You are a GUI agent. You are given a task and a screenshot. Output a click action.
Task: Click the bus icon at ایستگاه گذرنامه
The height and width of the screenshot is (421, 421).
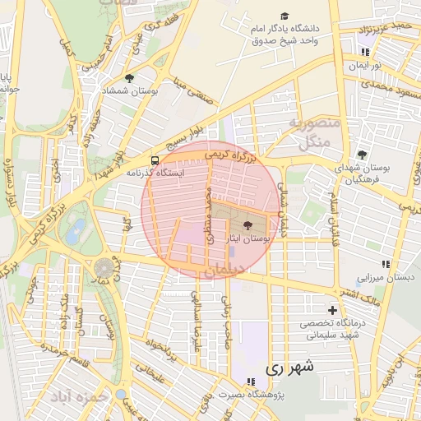[x=155, y=160]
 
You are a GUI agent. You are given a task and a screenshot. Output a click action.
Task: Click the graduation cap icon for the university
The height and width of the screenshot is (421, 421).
[x=285, y=16]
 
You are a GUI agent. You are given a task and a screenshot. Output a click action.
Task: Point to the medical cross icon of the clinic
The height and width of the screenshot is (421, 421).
[x=332, y=310]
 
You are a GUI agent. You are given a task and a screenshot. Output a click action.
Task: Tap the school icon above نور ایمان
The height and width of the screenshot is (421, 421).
[x=363, y=53]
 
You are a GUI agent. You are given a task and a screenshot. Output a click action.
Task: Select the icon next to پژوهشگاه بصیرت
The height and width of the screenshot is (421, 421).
[x=250, y=381]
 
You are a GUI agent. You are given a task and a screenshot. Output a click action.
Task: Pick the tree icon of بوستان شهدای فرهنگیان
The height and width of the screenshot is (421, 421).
[x=362, y=155]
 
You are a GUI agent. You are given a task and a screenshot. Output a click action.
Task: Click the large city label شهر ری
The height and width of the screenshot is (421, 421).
[x=292, y=369]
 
